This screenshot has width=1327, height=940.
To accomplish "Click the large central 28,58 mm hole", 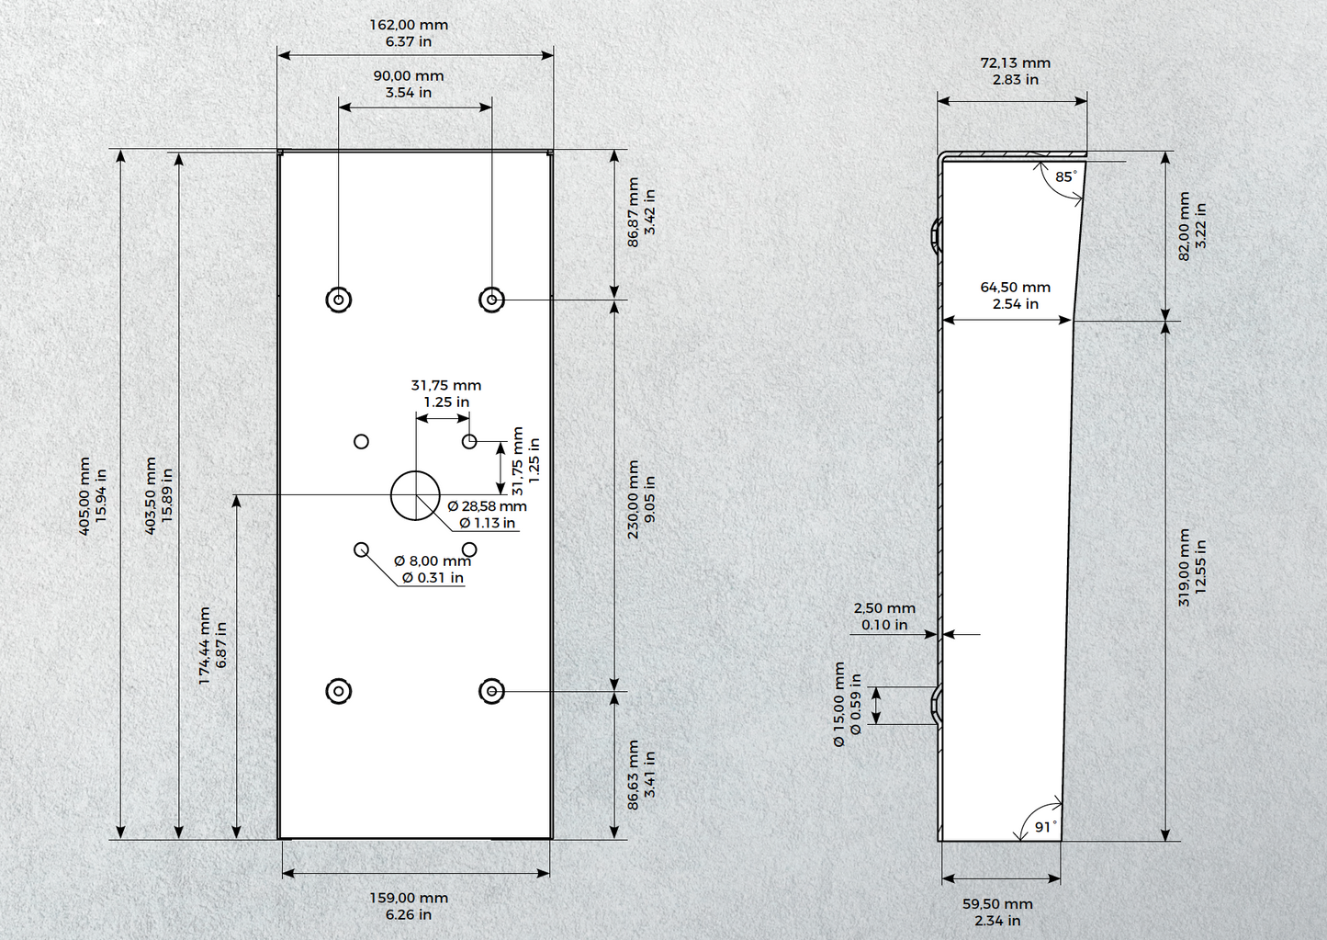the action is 415,495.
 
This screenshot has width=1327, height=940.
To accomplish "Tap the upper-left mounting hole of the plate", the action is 338,300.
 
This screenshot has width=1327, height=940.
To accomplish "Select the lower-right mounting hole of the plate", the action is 491,691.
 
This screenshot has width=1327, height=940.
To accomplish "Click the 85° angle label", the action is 1066,176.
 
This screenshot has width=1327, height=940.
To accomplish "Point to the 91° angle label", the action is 1046,827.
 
